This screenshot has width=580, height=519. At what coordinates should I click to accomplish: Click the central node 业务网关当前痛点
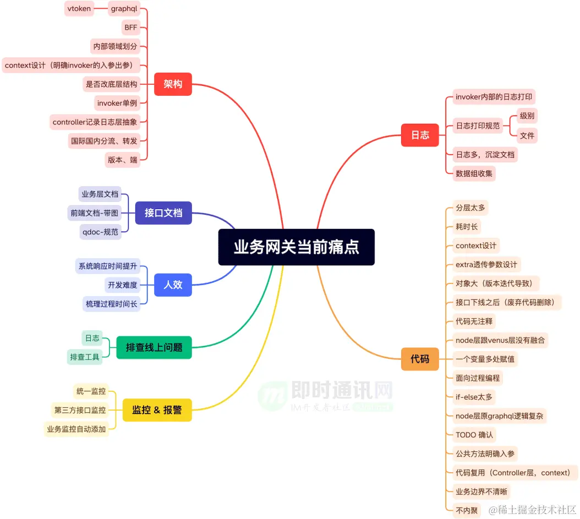[x=296, y=247]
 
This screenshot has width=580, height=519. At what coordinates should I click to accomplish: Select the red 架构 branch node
[x=173, y=84]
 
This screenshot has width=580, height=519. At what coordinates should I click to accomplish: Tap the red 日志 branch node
[x=420, y=135]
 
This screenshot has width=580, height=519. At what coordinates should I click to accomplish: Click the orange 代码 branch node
[x=420, y=359]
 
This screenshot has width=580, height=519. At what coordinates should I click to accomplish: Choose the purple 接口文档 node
[x=163, y=213]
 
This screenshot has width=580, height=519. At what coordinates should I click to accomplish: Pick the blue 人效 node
[x=173, y=285]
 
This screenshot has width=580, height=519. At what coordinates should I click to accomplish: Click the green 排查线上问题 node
[x=154, y=347]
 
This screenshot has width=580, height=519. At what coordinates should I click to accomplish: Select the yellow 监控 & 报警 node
[x=157, y=410]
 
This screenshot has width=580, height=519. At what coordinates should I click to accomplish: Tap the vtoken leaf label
[x=79, y=8]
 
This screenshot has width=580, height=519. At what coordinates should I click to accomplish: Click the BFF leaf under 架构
[x=130, y=27]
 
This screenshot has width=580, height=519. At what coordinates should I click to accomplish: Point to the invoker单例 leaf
[x=117, y=103]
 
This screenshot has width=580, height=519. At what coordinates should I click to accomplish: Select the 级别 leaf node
[x=527, y=116]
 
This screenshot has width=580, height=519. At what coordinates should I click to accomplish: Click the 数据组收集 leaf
[x=474, y=173]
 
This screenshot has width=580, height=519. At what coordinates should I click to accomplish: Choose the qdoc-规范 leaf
[x=100, y=232]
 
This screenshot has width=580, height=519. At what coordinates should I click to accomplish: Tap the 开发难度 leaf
[x=122, y=285]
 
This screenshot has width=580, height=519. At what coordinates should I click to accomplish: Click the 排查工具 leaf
[x=85, y=357]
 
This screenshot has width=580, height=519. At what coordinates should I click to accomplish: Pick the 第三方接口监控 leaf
[x=80, y=410]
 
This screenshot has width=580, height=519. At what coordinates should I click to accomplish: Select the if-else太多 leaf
[x=474, y=397]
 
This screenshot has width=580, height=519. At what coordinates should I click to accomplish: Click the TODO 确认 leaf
[x=474, y=435]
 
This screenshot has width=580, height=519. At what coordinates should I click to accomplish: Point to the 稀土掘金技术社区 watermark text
[x=533, y=509]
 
